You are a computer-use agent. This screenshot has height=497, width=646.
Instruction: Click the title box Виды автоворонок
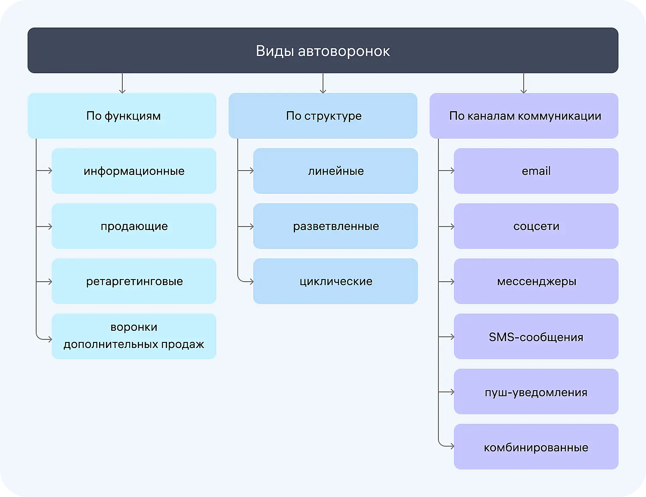click(323, 51)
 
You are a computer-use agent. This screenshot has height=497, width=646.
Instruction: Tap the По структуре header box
click(323, 116)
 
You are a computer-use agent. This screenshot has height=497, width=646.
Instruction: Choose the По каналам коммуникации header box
click(524, 116)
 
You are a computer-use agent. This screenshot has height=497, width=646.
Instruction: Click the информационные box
click(134, 171)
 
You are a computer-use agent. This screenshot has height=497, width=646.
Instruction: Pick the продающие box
click(134, 226)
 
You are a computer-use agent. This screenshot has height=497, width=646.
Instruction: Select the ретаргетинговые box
click(134, 281)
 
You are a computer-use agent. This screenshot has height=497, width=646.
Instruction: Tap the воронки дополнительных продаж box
click(134, 336)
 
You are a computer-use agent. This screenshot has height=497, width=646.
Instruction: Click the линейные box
click(335, 171)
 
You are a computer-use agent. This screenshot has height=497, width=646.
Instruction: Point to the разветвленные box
click(335, 226)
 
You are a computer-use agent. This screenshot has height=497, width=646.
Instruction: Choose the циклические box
click(335, 281)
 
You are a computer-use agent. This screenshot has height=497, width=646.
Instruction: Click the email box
click(536, 171)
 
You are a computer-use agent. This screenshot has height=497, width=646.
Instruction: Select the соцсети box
click(536, 226)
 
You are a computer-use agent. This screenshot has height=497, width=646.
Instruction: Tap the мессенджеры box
click(536, 281)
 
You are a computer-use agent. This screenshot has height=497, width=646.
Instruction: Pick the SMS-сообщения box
click(536, 336)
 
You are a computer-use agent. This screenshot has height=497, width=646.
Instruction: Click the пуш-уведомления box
click(536, 391)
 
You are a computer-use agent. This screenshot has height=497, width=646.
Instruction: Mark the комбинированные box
click(536, 447)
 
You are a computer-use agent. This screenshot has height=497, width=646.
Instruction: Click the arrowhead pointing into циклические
click(252, 282)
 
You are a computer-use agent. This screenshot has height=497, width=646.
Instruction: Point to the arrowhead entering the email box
click(452, 171)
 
